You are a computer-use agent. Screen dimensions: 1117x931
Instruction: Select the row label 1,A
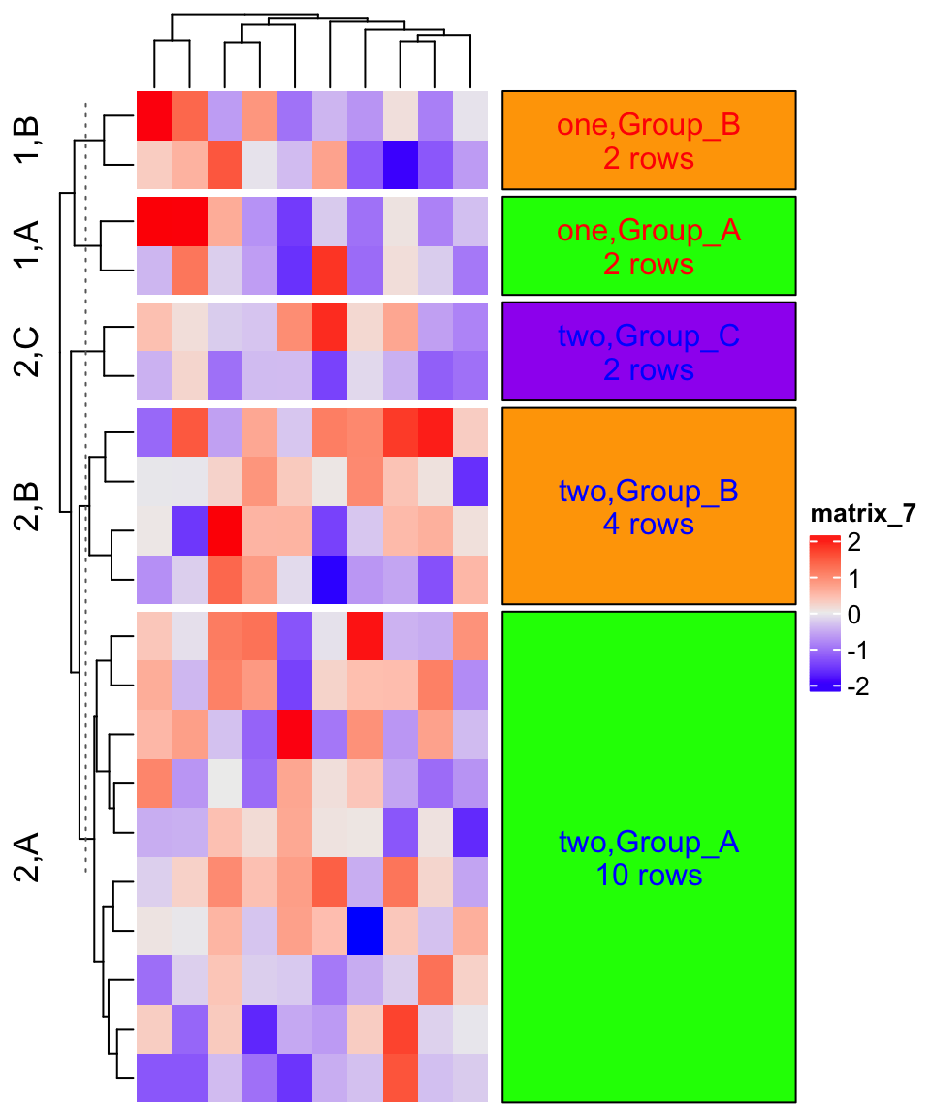pos(26,244)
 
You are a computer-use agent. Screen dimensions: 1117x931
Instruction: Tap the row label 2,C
pos(26,350)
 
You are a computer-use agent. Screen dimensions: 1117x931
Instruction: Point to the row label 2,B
pos(26,505)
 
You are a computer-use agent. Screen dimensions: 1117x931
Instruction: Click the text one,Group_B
pos(648,126)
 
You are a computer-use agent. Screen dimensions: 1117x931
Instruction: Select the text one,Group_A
pos(648,232)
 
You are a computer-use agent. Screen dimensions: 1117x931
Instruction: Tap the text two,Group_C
pos(649,336)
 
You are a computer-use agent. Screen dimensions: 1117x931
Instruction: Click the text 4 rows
pos(649,525)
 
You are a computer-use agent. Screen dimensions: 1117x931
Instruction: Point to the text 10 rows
pos(649,875)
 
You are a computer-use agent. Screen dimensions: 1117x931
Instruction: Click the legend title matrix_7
pos(863,513)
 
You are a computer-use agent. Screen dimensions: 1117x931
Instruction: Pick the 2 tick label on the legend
pos(854,544)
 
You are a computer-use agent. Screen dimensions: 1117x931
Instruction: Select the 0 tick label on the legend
pos(854,615)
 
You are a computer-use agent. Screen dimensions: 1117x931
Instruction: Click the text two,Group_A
pos(649,843)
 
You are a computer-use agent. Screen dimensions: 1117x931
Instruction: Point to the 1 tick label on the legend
pos(854,580)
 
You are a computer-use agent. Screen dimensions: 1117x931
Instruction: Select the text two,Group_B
pos(649,492)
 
